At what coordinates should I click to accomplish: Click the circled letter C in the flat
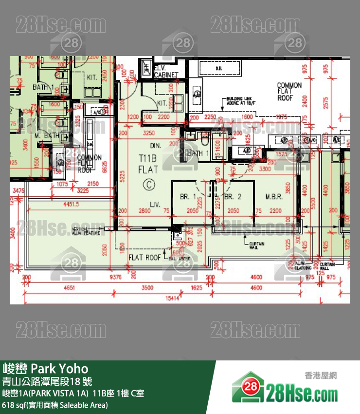148,184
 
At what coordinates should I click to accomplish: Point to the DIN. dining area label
155,146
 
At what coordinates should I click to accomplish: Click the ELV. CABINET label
166,72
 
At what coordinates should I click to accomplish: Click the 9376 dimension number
115,277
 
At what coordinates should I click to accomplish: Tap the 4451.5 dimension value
71,205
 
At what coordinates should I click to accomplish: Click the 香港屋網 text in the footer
320,376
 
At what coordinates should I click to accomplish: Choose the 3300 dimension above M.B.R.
279,169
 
